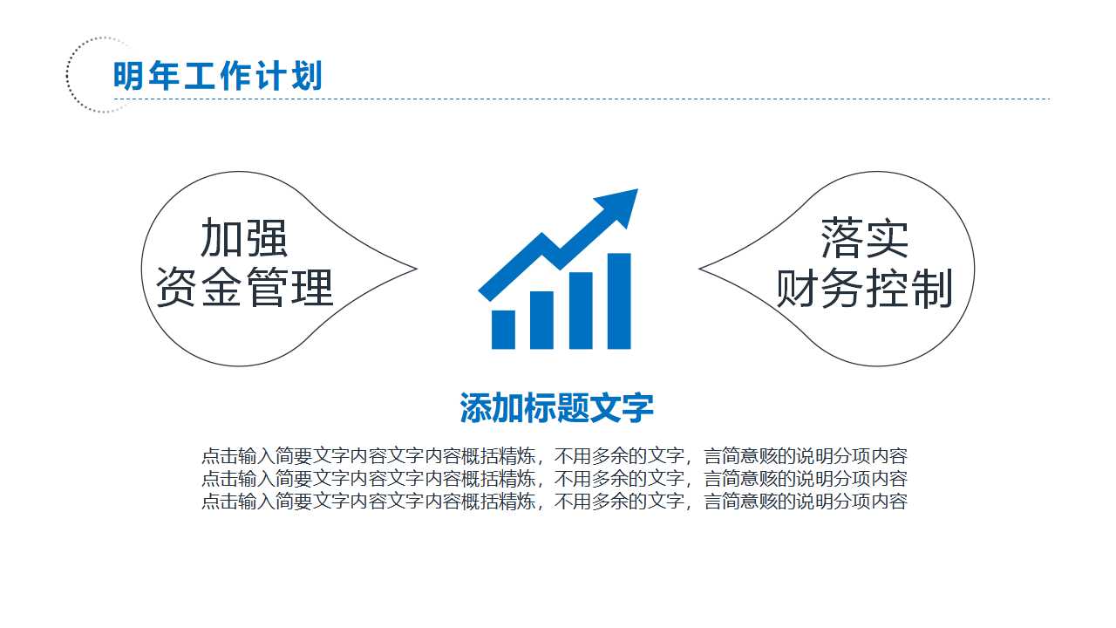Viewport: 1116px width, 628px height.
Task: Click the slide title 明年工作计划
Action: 218,76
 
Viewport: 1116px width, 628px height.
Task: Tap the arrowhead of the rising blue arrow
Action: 621,206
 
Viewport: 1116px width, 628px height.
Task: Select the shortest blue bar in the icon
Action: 504,329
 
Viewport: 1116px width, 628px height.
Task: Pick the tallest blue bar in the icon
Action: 618,301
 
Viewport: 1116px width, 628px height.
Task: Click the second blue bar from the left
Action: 542,319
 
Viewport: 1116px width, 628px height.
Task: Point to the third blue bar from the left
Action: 581,311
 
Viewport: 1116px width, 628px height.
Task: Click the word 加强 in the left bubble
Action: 244,237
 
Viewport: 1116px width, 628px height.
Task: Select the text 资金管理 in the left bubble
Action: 244,287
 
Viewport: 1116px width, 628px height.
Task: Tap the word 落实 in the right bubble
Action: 864,237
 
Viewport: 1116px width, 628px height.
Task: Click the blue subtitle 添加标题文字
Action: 556,407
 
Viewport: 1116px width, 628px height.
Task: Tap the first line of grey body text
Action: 555,456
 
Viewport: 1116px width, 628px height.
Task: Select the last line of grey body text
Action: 555,502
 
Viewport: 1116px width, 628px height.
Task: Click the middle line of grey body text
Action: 555,479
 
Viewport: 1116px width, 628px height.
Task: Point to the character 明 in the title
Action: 127,76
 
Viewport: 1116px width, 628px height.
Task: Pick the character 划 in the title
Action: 309,76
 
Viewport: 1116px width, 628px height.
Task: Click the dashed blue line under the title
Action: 610,99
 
